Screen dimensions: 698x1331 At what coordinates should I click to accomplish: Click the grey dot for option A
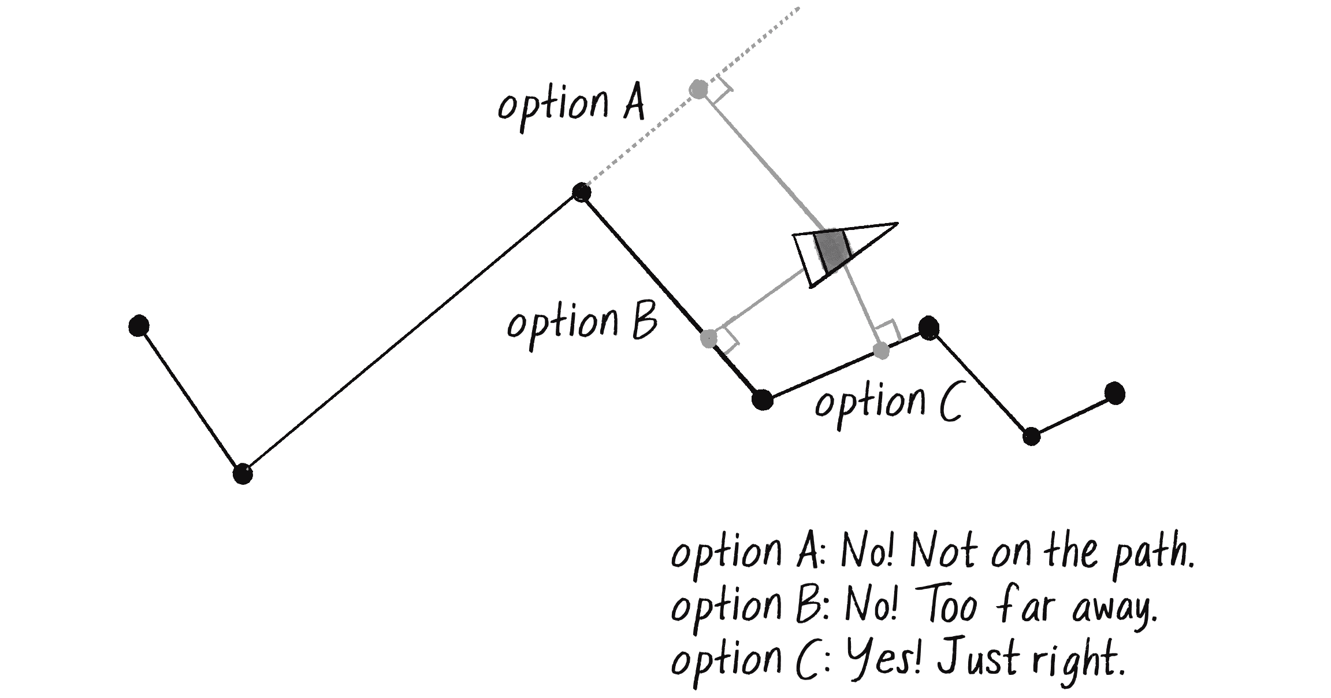[699, 90]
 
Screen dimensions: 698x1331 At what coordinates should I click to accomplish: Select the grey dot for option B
[708, 338]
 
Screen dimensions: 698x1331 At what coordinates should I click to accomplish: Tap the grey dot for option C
[881, 350]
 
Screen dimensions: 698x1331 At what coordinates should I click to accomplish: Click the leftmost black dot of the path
[139, 326]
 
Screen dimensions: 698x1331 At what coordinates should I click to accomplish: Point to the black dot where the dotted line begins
[581, 192]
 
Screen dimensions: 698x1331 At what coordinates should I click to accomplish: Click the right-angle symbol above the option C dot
[890, 332]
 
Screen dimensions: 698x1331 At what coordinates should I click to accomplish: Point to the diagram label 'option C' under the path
[887, 404]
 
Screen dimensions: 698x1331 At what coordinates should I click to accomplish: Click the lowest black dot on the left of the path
[243, 473]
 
